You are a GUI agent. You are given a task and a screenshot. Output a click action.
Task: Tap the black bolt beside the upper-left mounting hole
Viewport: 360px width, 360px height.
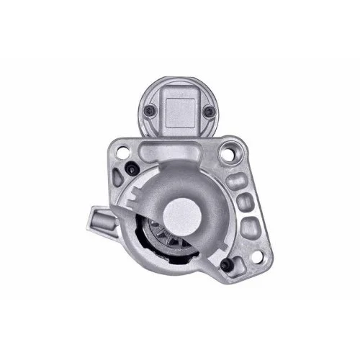click(135, 168)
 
